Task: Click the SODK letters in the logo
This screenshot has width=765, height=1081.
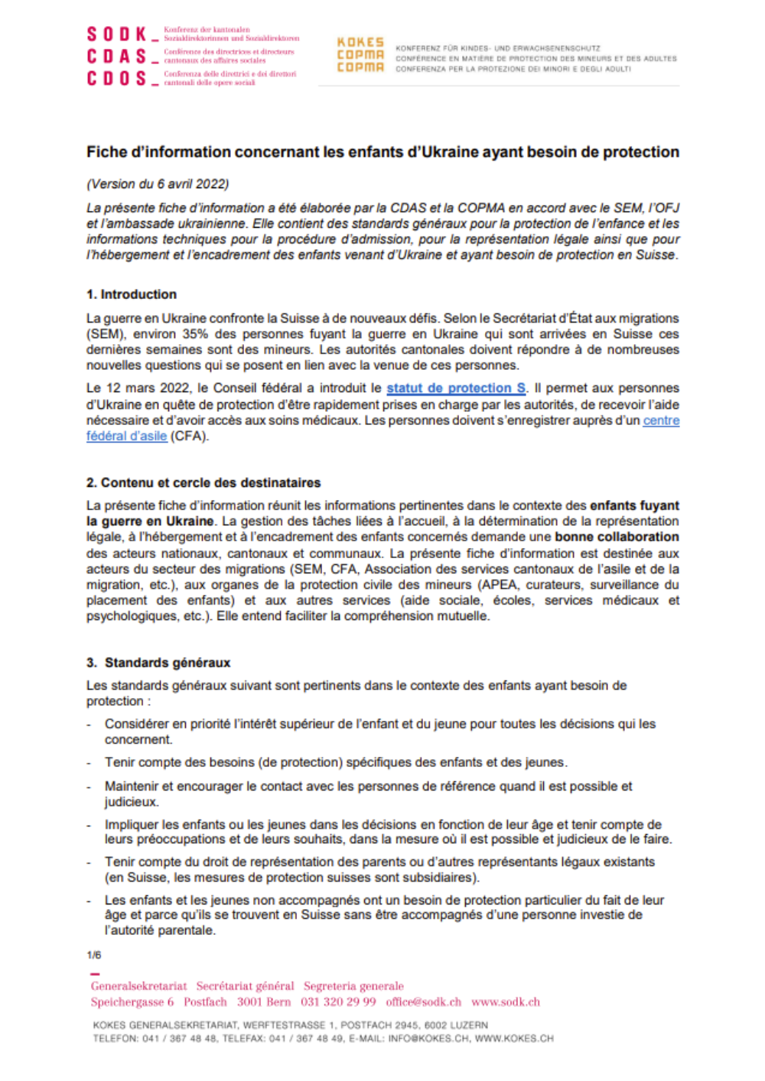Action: tap(116, 34)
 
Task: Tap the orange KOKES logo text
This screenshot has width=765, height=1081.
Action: tap(360, 43)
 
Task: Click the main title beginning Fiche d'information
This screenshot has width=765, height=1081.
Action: tap(382, 152)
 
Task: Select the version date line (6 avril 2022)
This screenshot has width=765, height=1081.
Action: tap(158, 183)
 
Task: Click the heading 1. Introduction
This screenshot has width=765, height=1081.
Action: tap(132, 294)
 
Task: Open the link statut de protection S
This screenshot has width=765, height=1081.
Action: tap(456, 388)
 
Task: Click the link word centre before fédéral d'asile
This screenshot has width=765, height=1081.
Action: tap(661, 420)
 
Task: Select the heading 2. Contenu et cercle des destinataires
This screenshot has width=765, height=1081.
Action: tap(203, 482)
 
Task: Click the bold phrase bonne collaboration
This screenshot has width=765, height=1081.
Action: tap(617, 537)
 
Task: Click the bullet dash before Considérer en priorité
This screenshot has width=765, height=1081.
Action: tap(90, 724)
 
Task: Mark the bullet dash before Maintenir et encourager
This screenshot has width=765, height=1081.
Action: tap(90, 787)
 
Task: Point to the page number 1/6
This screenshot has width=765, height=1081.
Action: tap(94, 955)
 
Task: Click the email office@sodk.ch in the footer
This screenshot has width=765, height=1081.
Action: tap(423, 1002)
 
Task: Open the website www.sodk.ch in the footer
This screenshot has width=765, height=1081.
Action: tap(506, 1002)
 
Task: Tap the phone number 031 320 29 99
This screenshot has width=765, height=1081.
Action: tap(338, 1002)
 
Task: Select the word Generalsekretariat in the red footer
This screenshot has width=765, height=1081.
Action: tap(138, 986)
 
